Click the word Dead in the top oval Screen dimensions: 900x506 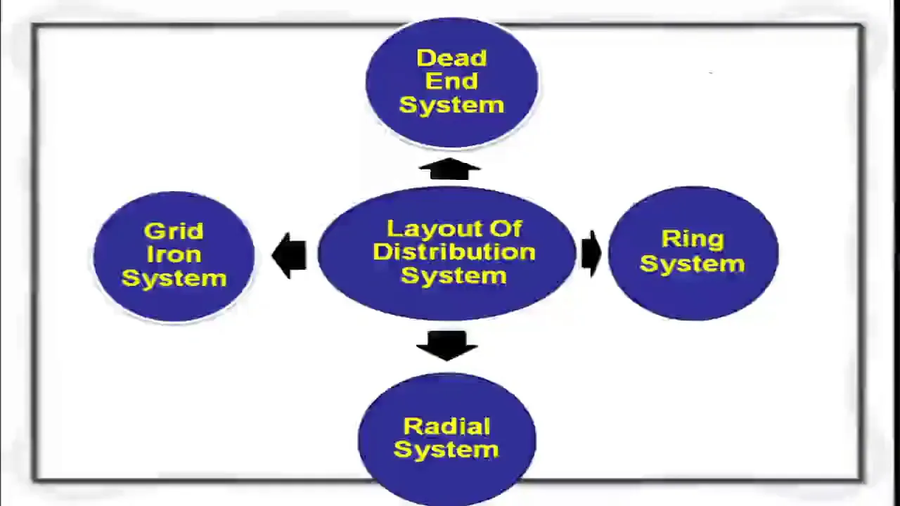click(x=452, y=58)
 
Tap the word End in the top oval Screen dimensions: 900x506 click(x=451, y=81)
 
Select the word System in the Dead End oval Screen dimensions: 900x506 click(x=451, y=105)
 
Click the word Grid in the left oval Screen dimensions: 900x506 click(x=174, y=231)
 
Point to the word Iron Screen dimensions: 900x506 click(x=174, y=254)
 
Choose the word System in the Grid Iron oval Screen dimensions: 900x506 click(x=174, y=279)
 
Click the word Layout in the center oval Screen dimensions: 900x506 click(x=432, y=229)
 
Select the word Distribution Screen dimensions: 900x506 click(x=454, y=252)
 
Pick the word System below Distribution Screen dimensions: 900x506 click(x=454, y=276)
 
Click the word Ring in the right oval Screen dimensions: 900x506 click(x=693, y=240)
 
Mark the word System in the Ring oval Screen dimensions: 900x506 click(x=693, y=264)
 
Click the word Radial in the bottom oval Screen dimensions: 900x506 click(x=446, y=427)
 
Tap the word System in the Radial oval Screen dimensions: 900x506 click(x=446, y=450)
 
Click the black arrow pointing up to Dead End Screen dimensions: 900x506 click(x=449, y=169)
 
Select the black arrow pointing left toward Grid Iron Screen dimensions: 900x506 click(x=289, y=255)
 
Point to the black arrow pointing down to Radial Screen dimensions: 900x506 click(x=446, y=346)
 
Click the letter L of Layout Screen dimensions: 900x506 click(x=393, y=228)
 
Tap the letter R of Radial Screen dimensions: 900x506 click(x=411, y=427)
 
